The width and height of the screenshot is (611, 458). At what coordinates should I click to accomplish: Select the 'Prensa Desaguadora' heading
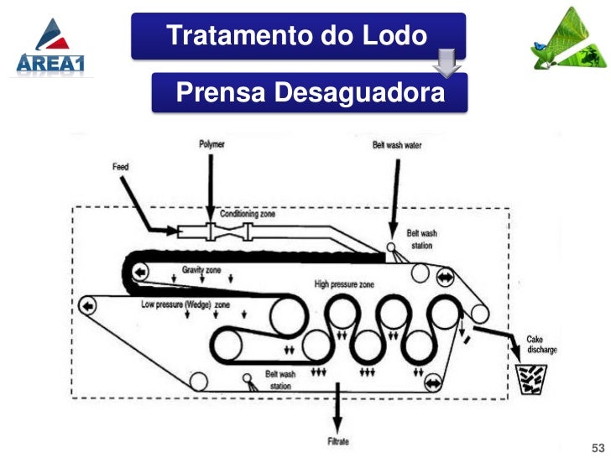click(309, 93)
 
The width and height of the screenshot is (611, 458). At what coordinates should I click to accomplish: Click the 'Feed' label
click(121, 166)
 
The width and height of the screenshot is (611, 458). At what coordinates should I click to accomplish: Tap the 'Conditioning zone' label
click(248, 214)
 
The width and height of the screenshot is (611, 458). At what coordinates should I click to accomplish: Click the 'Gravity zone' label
click(203, 270)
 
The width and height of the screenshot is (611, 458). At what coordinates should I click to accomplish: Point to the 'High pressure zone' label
click(344, 284)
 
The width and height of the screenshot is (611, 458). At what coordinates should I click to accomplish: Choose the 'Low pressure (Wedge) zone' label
click(185, 304)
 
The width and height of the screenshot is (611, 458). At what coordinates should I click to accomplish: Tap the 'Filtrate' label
click(337, 441)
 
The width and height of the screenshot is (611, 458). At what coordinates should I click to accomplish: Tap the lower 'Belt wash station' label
click(279, 380)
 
